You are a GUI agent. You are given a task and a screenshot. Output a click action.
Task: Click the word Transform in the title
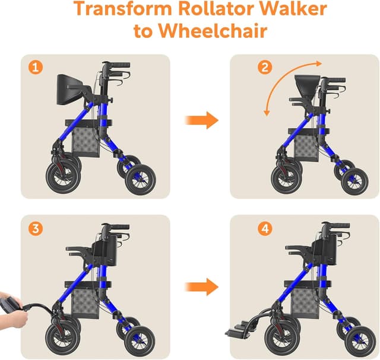(123, 8)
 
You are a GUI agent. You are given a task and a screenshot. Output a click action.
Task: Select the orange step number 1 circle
(36, 67)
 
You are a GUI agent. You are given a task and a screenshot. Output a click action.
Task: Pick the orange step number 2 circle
(265, 67)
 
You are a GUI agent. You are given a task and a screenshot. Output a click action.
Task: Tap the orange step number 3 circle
(36, 228)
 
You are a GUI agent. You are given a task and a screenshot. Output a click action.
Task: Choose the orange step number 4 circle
(265, 228)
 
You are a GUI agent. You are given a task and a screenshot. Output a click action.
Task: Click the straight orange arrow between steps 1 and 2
(202, 120)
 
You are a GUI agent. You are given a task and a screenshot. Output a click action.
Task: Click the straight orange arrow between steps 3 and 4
(202, 287)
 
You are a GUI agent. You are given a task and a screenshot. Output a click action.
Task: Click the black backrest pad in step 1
(66, 90)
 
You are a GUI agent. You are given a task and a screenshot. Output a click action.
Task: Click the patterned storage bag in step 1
(86, 141)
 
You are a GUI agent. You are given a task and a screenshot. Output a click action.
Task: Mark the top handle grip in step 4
(339, 225)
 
